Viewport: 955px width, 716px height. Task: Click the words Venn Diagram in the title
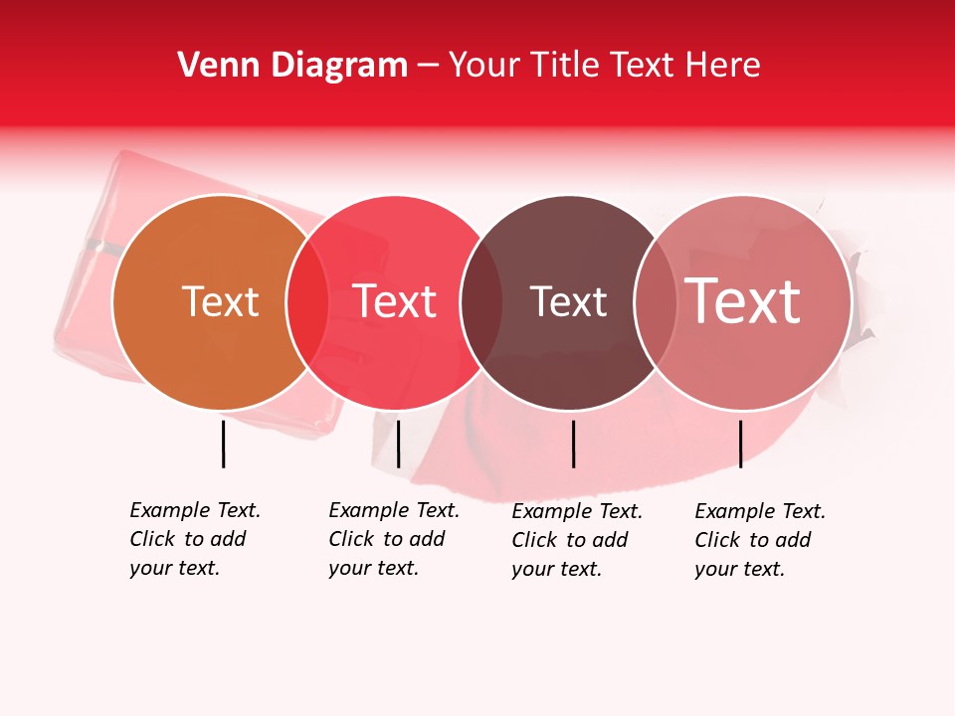(x=292, y=66)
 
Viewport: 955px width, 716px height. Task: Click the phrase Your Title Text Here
(x=604, y=66)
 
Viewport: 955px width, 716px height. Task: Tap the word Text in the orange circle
(x=220, y=302)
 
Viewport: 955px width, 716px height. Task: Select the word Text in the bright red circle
(x=395, y=302)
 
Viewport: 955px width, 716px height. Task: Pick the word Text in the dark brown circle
(x=568, y=302)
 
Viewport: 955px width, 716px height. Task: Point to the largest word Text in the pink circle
(x=743, y=301)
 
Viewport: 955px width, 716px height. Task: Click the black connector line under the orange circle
(x=223, y=444)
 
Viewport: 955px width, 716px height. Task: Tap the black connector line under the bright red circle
(x=398, y=444)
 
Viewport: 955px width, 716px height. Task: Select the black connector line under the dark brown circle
(x=573, y=444)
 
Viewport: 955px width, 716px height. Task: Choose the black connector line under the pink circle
(x=740, y=444)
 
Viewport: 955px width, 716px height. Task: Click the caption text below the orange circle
(x=194, y=539)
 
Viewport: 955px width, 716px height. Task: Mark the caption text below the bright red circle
(x=393, y=539)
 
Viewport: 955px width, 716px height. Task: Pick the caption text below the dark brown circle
(x=576, y=540)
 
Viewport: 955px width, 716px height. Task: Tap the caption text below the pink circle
(x=759, y=540)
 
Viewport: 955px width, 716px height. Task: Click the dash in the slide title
(x=428, y=67)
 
